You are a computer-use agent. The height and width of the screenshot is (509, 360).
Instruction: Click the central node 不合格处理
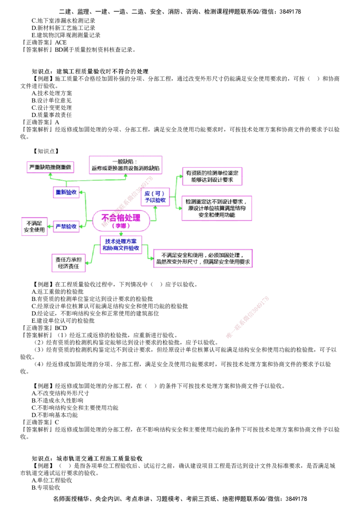tap(120, 218)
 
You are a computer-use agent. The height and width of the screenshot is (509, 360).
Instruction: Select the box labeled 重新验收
tap(66, 193)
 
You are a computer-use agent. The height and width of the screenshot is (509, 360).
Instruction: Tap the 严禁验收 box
tap(66, 227)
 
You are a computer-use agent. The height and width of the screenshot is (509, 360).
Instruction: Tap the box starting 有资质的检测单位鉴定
tap(212, 176)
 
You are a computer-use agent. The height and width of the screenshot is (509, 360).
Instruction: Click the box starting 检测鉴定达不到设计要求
tap(216, 208)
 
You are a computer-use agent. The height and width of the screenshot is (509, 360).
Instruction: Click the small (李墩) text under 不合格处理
tap(120, 226)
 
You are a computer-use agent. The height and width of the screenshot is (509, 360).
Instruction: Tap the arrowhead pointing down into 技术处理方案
tap(120, 234)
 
